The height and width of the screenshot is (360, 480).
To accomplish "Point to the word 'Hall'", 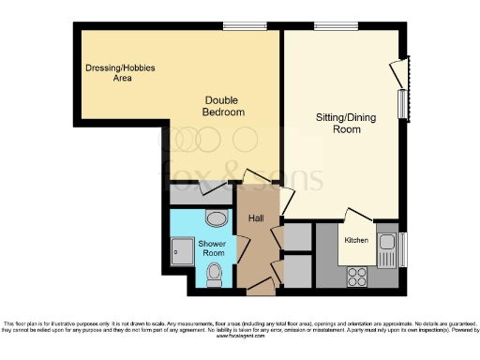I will coord(255,218).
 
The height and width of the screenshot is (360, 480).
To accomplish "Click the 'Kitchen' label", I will coord(356,241).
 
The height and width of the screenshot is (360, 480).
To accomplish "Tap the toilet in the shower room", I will coord(214,274).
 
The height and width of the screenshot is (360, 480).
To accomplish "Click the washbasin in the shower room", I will coord(216,219).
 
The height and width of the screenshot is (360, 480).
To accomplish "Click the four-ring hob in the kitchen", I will coord(357,276).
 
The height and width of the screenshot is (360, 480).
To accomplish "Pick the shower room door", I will coord(243,248).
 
